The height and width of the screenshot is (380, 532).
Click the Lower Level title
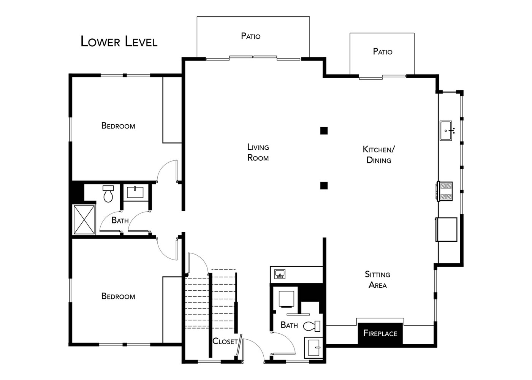point(119,41)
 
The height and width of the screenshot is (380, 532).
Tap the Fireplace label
point(380,334)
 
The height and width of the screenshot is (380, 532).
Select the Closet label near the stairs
point(225,341)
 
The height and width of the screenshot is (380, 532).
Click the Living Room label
point(258,152)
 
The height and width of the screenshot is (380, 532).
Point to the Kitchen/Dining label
point(378,155)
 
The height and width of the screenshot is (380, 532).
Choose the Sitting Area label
point(377,280)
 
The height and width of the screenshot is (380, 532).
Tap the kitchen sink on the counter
point(446,131)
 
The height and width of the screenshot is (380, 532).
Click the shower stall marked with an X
point(84,220)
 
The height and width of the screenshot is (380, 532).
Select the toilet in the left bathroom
point(108,194)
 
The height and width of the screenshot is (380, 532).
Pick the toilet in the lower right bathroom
point(312,326)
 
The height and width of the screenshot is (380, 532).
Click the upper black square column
point(324,131)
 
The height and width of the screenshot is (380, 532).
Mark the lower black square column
point(324,185)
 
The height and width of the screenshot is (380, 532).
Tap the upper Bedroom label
point(118,126)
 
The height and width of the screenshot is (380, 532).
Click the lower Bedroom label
point(118,296)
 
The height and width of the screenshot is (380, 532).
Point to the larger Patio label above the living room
point(250,36)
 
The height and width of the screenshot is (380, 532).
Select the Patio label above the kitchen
point(382,52)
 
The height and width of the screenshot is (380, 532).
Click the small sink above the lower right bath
point(280,274)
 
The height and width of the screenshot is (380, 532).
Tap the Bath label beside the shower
point(120,220)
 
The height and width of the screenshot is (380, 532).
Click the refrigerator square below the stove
point(446,230)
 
